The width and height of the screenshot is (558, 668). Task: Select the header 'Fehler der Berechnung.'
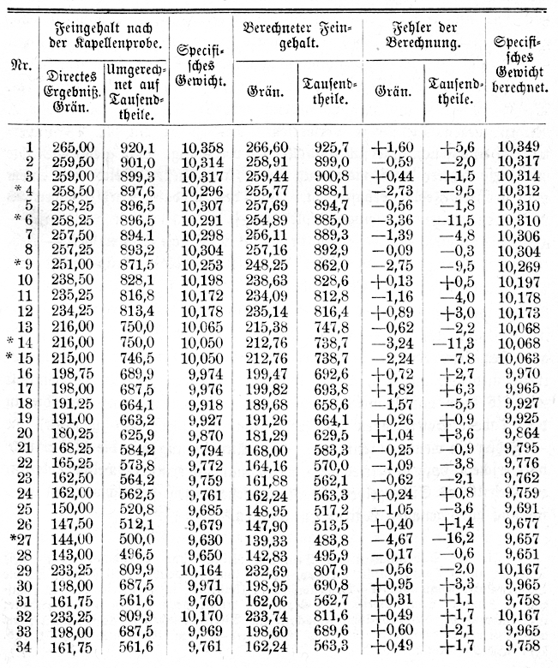pyautogui.click(x=424, y=32)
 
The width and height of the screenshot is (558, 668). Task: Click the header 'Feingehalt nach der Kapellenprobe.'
pyautogui.click(x=103, y=32)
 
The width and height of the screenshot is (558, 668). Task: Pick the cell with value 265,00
pyautogui.click(x=71, y=147)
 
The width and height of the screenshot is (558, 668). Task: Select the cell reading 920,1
pyautogui.click(x=135, y=147)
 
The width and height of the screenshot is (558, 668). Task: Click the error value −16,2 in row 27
pyautogui.click(x=453, y=540)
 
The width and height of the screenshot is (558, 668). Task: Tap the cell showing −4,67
pyautogui.click(x=393, y=540)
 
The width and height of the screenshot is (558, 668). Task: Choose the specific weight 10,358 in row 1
pyautogui.click(x=201, y=147)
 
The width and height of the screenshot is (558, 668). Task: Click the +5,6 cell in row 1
pyautogui.click(x=453, y=147)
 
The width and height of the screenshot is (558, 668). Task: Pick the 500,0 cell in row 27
pyautogui.click(x=135, y=540)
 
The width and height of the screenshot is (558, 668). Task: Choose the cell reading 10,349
pyautogui.click(x=519, y=147)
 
